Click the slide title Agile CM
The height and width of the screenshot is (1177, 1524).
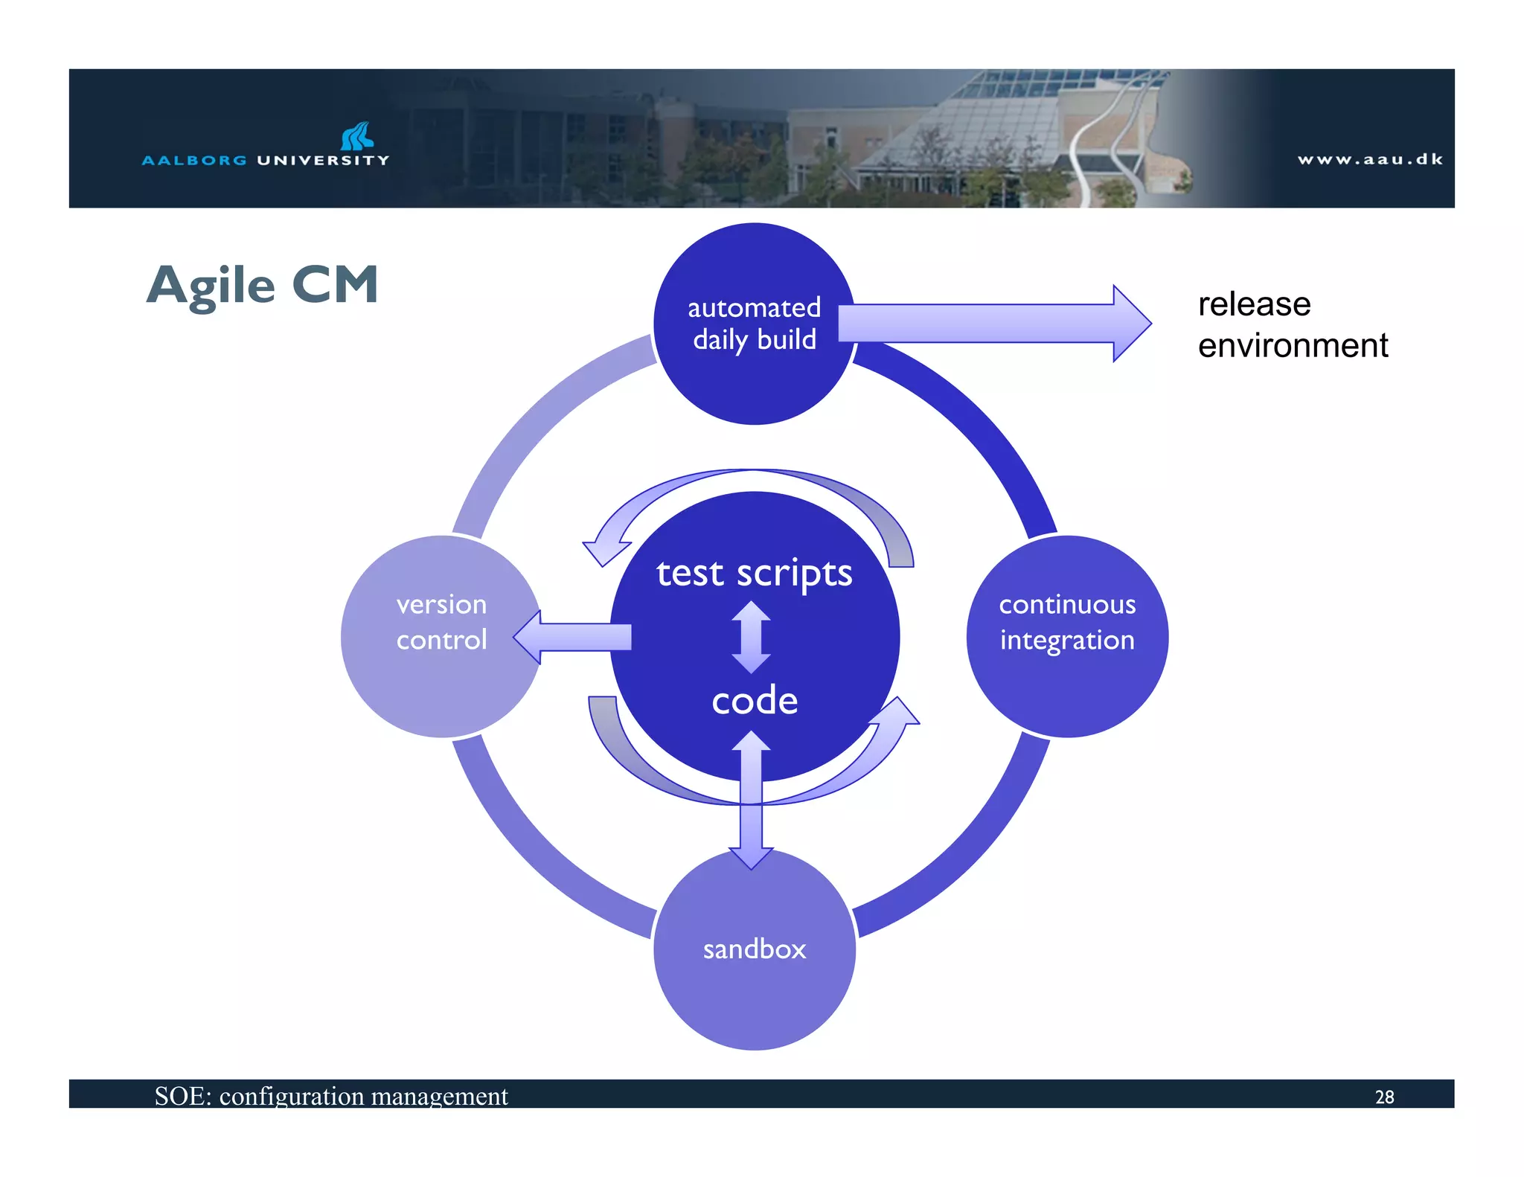coord(262,285)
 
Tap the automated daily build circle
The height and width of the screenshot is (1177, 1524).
coord(754,372)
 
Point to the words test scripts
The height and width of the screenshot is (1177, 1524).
coord(754,573)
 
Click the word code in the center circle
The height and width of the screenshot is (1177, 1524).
coord(754,701)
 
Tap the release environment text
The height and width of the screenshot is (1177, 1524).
coord(1292,324)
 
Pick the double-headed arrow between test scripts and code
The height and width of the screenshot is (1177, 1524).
coord(751,637)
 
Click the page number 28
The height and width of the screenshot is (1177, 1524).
coord(1384,1097)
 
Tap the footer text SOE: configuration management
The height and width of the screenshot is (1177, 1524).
coord(330,1096)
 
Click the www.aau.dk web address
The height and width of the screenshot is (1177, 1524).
coord(1369,159)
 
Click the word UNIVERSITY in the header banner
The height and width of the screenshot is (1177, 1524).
coord(322,160)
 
